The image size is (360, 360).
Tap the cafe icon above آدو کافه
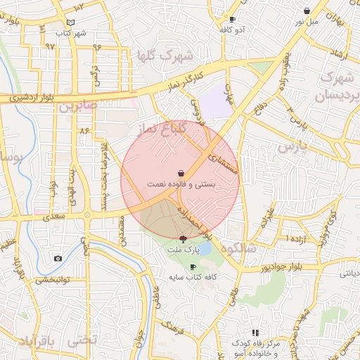(x=233, y=20)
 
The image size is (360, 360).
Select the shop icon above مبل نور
(x=307, y=11)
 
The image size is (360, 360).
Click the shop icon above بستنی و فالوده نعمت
(x=181, y=172)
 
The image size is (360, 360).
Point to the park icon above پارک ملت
(x=183, y=239)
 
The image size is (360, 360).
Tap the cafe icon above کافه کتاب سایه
(x=193, y=267)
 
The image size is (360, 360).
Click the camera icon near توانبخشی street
(x=58, y=258)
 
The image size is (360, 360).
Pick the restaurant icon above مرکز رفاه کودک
(x=256, y=333)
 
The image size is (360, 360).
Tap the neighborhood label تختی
(x=84, y=341)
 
